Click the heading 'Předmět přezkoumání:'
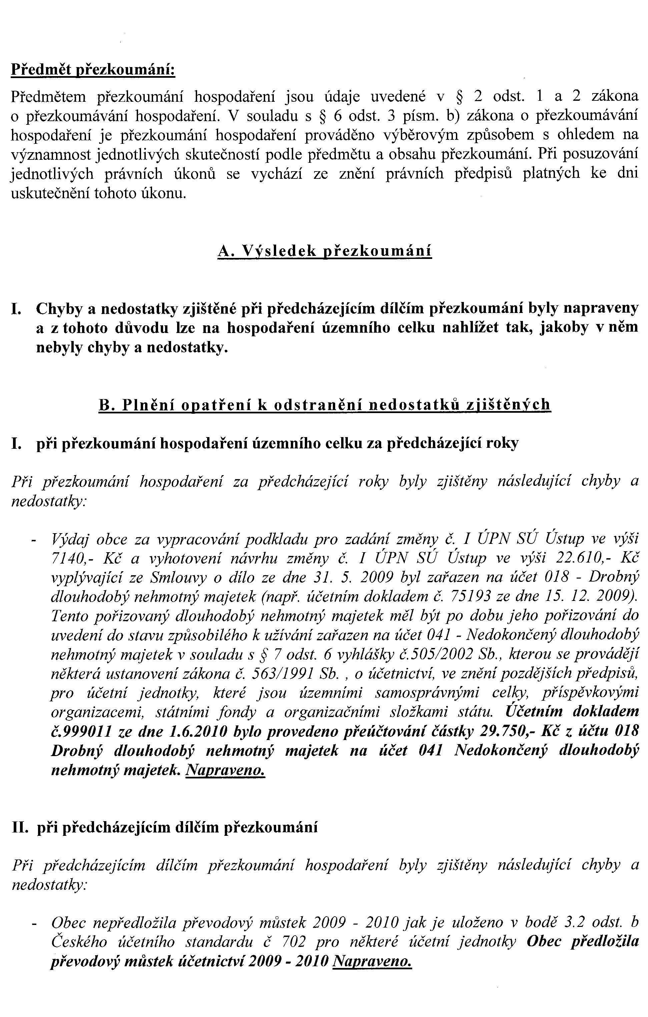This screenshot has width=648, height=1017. click(93, 70)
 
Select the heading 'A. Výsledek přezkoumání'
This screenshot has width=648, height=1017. click(325, 251)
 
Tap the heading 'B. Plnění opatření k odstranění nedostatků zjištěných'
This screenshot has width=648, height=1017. click(324, 405)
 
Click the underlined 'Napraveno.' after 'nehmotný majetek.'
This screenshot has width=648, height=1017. click(225, 770)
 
